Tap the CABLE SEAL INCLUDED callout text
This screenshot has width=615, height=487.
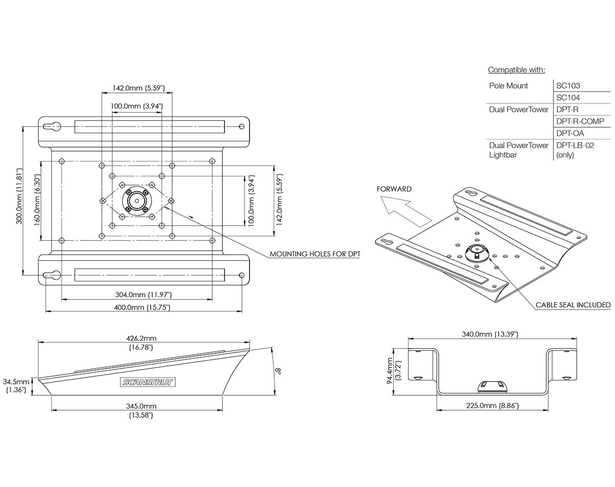click(573, 305)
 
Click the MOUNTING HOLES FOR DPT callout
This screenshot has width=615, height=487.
click(315, 254)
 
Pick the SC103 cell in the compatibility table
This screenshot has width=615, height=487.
click(568, 86)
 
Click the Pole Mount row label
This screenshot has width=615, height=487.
click(508, 86)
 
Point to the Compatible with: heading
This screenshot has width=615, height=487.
click(516, 70)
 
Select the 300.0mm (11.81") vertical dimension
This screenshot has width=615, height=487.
click(19, 200)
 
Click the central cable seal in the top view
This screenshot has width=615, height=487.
click(137, 199)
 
